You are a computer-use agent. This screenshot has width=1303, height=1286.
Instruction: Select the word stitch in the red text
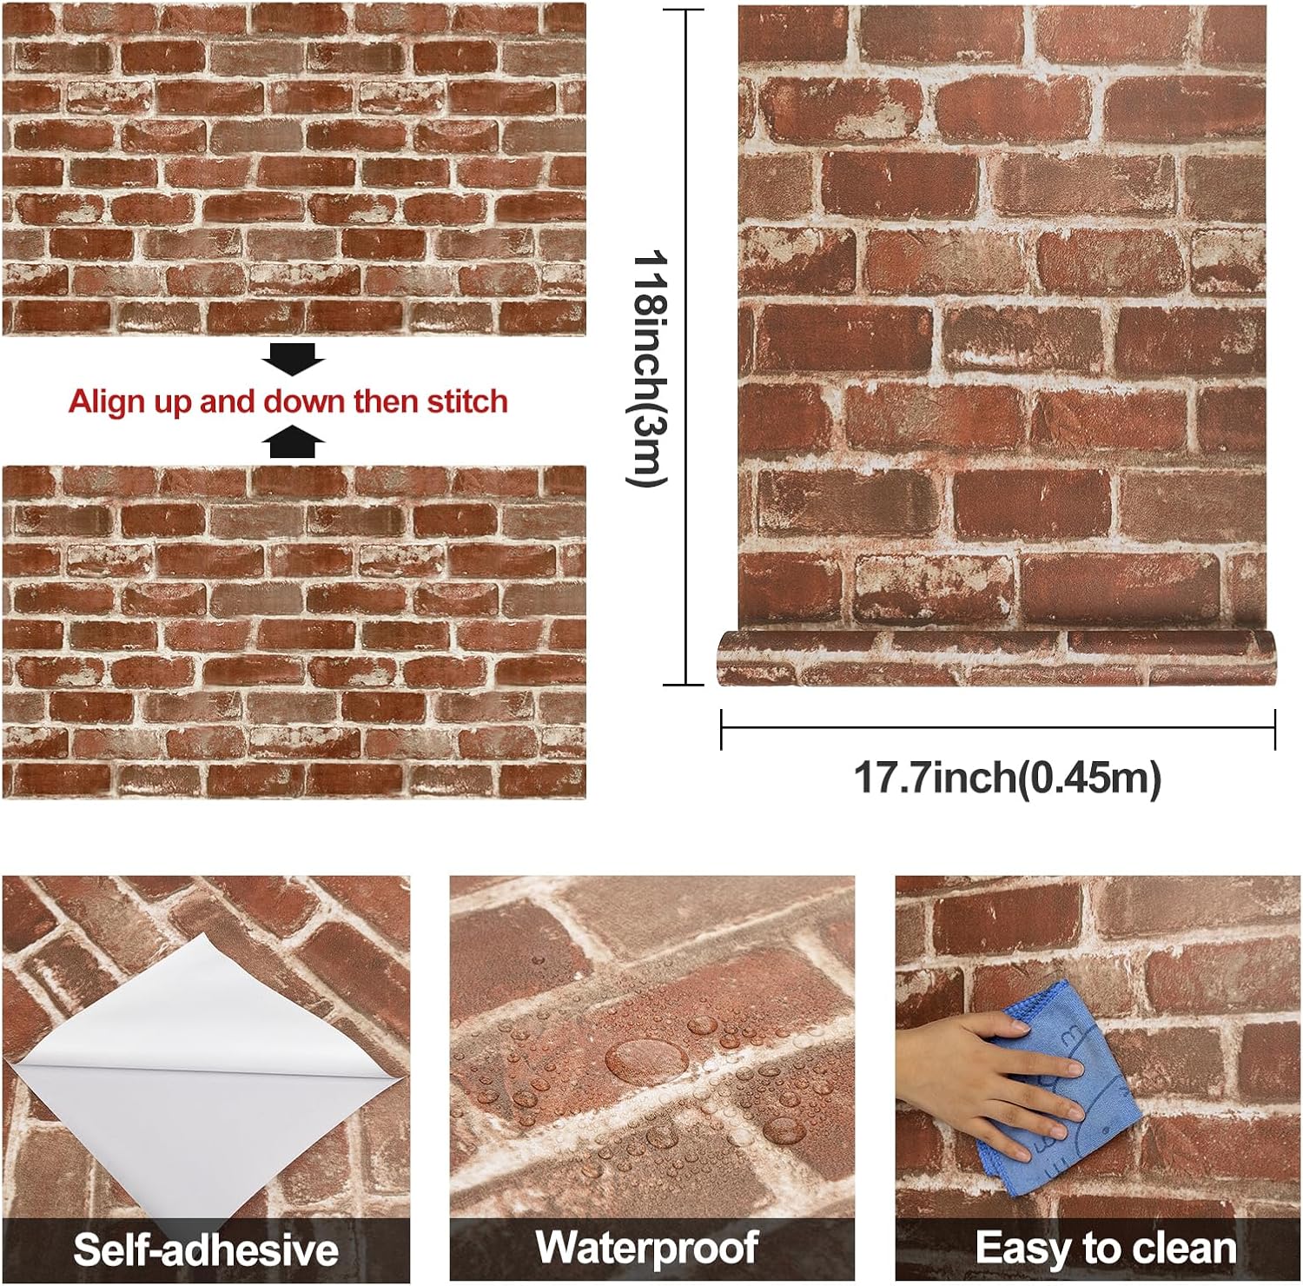pyautogui.click(x=466, y=401)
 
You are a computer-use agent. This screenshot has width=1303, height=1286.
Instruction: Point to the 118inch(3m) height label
pyautogui.click(x=648, y=368)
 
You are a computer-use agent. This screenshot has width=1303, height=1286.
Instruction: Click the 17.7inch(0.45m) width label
pyautogui.click(x=1007, y=777)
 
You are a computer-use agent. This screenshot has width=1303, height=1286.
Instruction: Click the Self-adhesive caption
pyautogui.click(x=206, y=1250)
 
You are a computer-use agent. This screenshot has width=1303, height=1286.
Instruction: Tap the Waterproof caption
pyautogui.click(x=647, y=1247)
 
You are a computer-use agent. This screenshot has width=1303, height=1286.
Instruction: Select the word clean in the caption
pyautogui.click(x=1182, y=1249)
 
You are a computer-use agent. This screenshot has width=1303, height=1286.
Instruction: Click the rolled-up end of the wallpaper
pyautogui.click(x=996, y=659)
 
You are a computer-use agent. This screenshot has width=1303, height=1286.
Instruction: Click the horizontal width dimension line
pyautogui.click(x=998, y=728)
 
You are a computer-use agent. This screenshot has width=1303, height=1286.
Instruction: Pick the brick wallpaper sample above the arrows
pyautogui.click(x=294, y=169)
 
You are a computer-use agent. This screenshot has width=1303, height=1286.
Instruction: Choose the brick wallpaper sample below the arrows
pyautogui.click(x=294, y=633)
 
